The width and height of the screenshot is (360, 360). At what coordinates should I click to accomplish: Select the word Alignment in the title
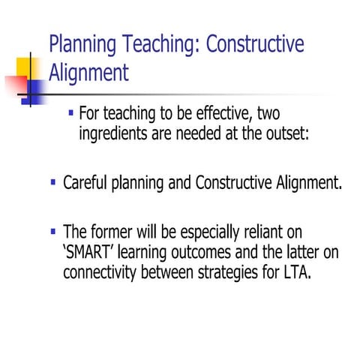(x=88, y=72)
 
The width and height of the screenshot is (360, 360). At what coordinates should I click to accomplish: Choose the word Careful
(x=87, y=183)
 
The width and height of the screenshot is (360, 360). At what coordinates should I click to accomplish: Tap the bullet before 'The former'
(x=52, y=232)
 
